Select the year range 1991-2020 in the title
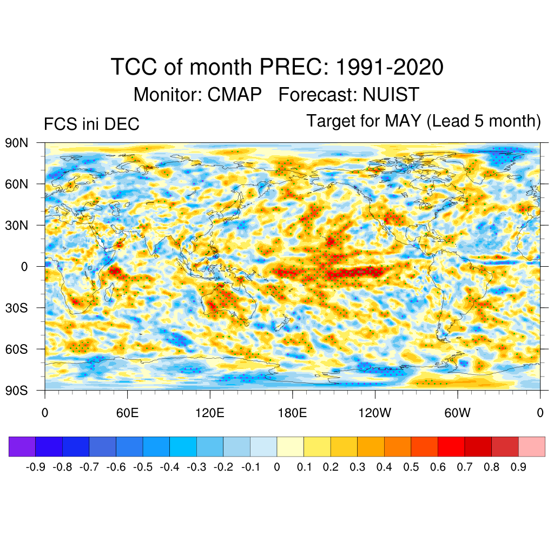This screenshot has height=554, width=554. point(390,68)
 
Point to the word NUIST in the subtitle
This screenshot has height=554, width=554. point(391,95)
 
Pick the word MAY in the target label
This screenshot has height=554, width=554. point(403,121)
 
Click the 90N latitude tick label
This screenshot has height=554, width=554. point(16,143)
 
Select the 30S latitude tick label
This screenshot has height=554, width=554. point(16,308)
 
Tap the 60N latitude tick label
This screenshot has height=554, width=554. point(16,184)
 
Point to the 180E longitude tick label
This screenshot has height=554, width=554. point(292,414)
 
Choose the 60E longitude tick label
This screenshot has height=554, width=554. point(127,414)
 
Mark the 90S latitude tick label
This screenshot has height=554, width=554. point(16,390)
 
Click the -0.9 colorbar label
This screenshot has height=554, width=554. point(36,467)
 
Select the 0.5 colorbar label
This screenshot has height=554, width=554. point(411,467)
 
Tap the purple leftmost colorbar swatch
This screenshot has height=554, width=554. point(22,446)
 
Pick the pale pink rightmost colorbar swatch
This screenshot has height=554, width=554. point(532,446)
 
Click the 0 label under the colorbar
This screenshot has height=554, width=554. point(277,467)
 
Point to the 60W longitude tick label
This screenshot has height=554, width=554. point(458,414)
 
